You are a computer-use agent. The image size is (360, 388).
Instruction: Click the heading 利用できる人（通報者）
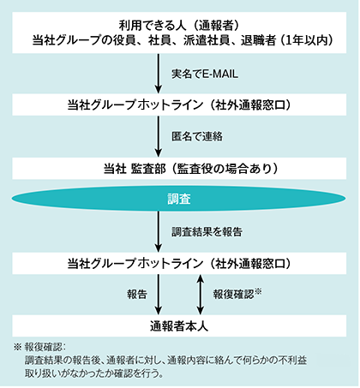pos(179,26)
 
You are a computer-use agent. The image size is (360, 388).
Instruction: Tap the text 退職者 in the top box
pos(258,40)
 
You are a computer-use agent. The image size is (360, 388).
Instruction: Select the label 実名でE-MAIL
pos(205,74)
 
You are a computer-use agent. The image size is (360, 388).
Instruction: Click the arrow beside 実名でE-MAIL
pos(159,74)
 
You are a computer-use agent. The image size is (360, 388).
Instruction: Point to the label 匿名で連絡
pos(197,136)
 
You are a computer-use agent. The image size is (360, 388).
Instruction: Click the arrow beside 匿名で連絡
pos(159,136)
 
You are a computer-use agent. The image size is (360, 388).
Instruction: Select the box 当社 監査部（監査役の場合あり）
pos(179,169)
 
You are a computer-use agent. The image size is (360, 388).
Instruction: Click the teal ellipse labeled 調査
pos(178,199)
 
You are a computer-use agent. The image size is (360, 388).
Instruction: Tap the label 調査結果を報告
pos(207,231)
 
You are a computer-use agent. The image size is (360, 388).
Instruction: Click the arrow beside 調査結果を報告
pos(159,231)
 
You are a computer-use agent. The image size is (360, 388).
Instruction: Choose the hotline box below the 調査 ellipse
pos(179,263)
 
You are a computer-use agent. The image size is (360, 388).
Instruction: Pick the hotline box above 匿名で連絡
pos(179,104)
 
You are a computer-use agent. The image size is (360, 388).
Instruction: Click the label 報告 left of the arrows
pos(137,294)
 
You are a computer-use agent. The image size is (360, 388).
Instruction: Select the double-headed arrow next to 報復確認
pos(201,295)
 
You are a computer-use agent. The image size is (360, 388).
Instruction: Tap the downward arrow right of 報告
pos(159,295)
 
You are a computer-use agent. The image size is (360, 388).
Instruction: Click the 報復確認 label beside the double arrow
pos(237,294)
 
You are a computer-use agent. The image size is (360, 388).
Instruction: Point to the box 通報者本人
pos(179,325)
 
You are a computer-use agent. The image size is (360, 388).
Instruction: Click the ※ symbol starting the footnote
pos(17,347)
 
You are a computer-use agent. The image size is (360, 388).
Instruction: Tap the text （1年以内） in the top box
pos(306,40)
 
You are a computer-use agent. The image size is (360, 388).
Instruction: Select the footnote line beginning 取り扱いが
pos(94,373)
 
